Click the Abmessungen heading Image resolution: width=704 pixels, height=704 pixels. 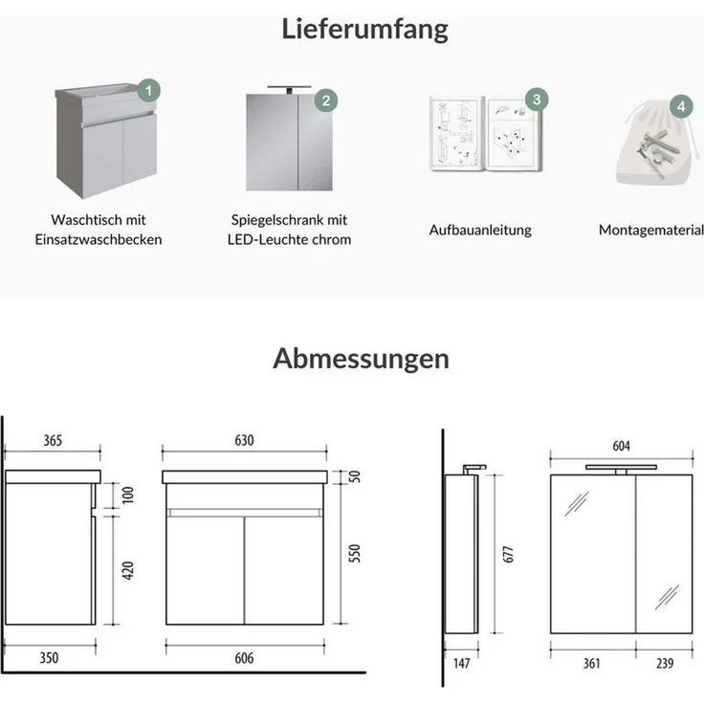point(361,359)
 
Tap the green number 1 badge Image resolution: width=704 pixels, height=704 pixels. point(147,91)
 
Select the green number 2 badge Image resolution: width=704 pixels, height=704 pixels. point(325,99)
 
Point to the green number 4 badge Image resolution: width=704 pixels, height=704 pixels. point(680,105)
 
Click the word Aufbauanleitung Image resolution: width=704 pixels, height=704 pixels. point(480,230)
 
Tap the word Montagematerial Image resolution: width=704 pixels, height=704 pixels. point(651,230)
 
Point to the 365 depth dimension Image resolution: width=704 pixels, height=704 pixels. point(54,441)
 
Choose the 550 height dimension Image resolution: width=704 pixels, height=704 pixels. point(356,552)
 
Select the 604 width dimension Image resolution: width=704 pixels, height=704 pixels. point(621,447)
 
